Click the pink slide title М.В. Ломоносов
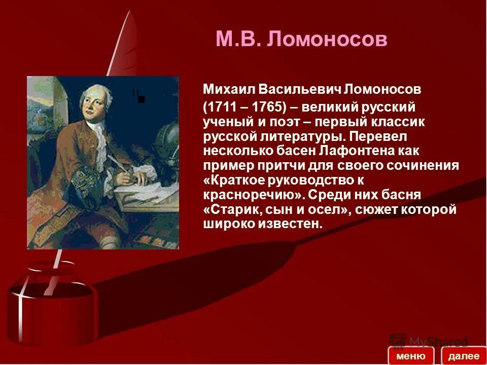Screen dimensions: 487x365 (301, 39)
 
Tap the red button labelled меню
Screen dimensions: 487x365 (411, 356)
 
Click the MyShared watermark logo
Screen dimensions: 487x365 (429, 341)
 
